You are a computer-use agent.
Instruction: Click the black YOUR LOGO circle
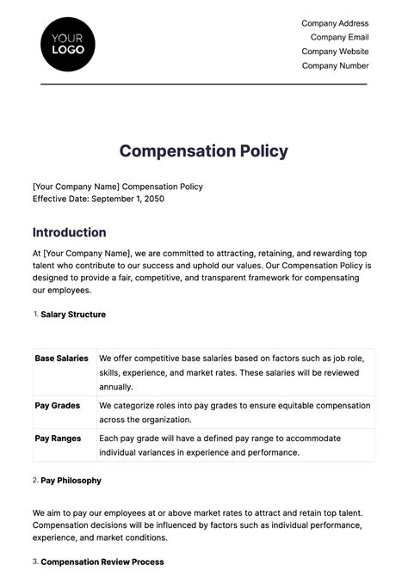68,44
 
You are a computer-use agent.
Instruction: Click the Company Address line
335,23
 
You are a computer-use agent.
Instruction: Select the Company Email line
339,37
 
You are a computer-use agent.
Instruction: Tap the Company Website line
335,52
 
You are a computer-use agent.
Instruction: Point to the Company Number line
335,65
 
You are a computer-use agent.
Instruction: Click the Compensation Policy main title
204,151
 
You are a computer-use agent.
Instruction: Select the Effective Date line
98,199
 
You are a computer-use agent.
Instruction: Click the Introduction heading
70,232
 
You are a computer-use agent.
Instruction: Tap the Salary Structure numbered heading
73,315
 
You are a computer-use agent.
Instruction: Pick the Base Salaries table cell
62,359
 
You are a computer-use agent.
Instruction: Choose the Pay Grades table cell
58,405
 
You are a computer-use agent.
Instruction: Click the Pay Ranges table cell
58,439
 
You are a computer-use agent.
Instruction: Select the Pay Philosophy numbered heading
71,480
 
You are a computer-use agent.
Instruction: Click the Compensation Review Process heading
102,562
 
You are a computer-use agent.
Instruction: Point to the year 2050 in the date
151,199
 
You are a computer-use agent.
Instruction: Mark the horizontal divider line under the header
204,84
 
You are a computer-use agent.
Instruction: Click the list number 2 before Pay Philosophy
35,480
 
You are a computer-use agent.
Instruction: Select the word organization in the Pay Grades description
167,420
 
